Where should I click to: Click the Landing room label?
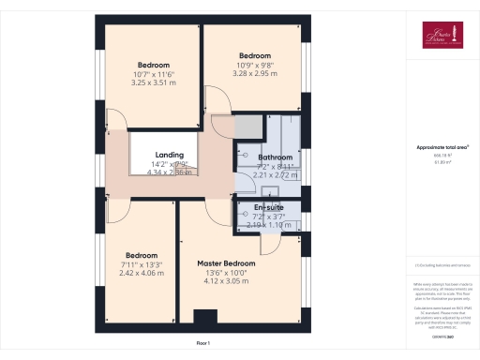(x=169, y=155)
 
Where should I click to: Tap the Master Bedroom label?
(x=225, y=263)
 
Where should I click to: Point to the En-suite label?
(x=269, y=206)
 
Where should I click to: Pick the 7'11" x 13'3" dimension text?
(x=141, y=264)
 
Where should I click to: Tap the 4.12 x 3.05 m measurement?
(x=225, y=281)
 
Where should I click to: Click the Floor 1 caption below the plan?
(x=203, y=344)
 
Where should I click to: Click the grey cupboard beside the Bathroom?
(x=248, y=127)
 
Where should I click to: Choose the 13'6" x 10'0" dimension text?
(x=225, y=273)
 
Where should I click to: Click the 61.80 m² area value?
(x=442, y=161)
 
